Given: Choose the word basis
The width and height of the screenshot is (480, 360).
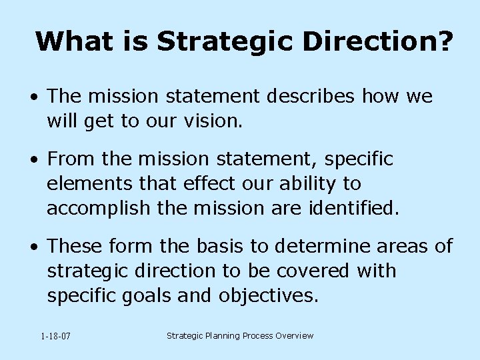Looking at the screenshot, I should [221, 247].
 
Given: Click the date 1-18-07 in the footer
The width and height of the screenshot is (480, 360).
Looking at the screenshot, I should [55, 337].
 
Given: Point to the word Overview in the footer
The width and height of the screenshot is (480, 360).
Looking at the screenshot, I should [291, 336].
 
